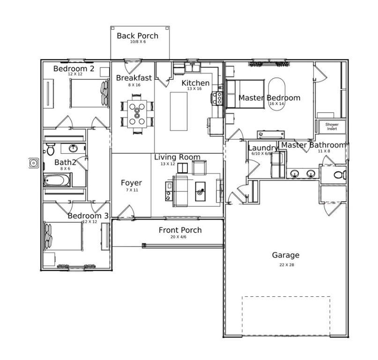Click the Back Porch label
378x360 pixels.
click(x=137, y=36)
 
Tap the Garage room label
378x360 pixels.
click(x=285, y=255)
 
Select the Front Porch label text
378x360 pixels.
click(x=180, y=230)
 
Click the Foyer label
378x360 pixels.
click(x=131, y=183)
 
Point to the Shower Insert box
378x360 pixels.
click(x=332, y=127)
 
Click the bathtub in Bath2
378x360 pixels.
click(x=57, y=180)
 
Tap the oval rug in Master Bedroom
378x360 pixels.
click(x=276, y=94)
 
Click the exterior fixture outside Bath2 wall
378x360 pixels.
click(x=34, y=163)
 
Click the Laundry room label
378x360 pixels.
click(x=262, y=148)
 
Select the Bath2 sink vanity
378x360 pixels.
click(x=73, y=149)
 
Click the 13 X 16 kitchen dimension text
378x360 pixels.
click(x=195, y=89)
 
